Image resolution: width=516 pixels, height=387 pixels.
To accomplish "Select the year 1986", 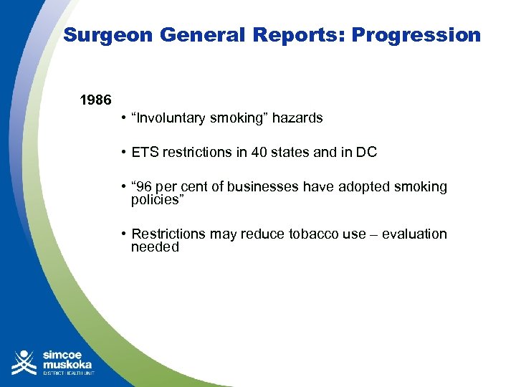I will [95, 100].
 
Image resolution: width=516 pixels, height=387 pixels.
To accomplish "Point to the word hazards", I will [297, 118].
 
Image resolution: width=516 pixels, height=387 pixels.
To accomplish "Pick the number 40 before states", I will [247, 153].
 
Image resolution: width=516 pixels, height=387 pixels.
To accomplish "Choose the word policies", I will [158, 200].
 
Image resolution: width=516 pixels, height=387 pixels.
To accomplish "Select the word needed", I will [155, 247].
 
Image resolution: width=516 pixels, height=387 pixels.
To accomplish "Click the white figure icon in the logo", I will [24, 362].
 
